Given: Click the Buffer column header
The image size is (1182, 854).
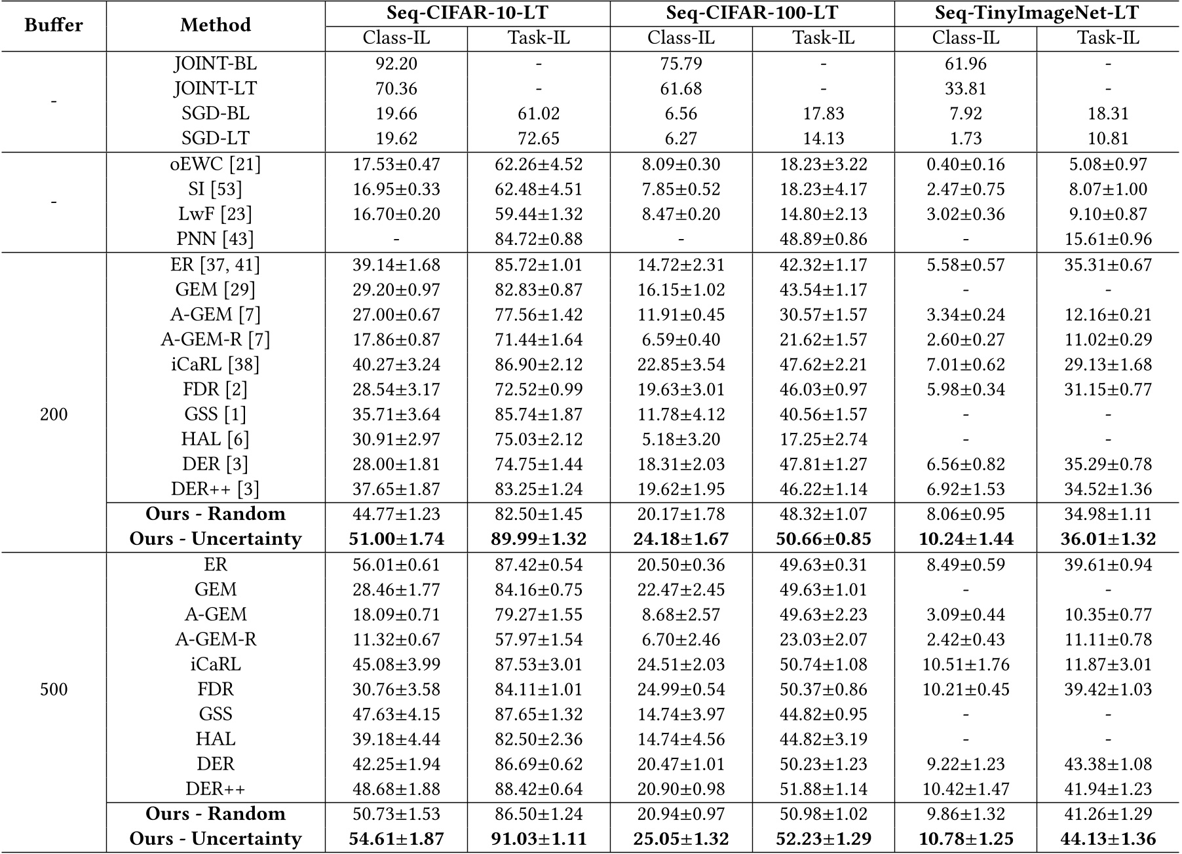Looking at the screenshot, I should (54, 25).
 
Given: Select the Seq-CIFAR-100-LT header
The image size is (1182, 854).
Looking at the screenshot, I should (752, 12).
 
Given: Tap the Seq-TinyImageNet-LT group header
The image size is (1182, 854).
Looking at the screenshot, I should (1037, 12).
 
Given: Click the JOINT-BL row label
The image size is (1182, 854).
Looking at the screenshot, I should (216, 64).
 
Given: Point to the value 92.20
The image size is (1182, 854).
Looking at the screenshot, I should (396, 64).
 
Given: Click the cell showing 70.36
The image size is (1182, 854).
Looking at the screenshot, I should (396, 88).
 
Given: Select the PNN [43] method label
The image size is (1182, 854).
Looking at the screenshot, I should (216, 239).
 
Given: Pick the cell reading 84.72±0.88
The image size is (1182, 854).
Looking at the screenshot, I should (539, 239).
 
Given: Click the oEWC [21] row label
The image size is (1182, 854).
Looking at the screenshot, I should (216, 164).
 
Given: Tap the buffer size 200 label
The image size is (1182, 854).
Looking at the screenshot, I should (54, 415).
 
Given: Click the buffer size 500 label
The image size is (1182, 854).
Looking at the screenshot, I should (54, 690).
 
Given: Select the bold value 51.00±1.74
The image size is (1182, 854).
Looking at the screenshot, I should (396, 539).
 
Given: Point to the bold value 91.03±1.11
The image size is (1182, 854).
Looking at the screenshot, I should (539, 839).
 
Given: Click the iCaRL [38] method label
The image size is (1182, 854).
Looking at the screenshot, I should (216, 365).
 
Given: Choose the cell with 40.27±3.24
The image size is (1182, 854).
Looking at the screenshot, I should (396, 365).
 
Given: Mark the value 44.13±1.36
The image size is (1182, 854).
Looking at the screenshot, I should (1108, 839).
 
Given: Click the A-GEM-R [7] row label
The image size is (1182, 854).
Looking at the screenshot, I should (216, 340).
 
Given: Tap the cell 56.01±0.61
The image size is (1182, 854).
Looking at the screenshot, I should (396, 565).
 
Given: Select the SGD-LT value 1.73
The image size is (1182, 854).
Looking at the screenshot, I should (966, 138).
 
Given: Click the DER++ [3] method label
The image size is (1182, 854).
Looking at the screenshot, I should (216, 489).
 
